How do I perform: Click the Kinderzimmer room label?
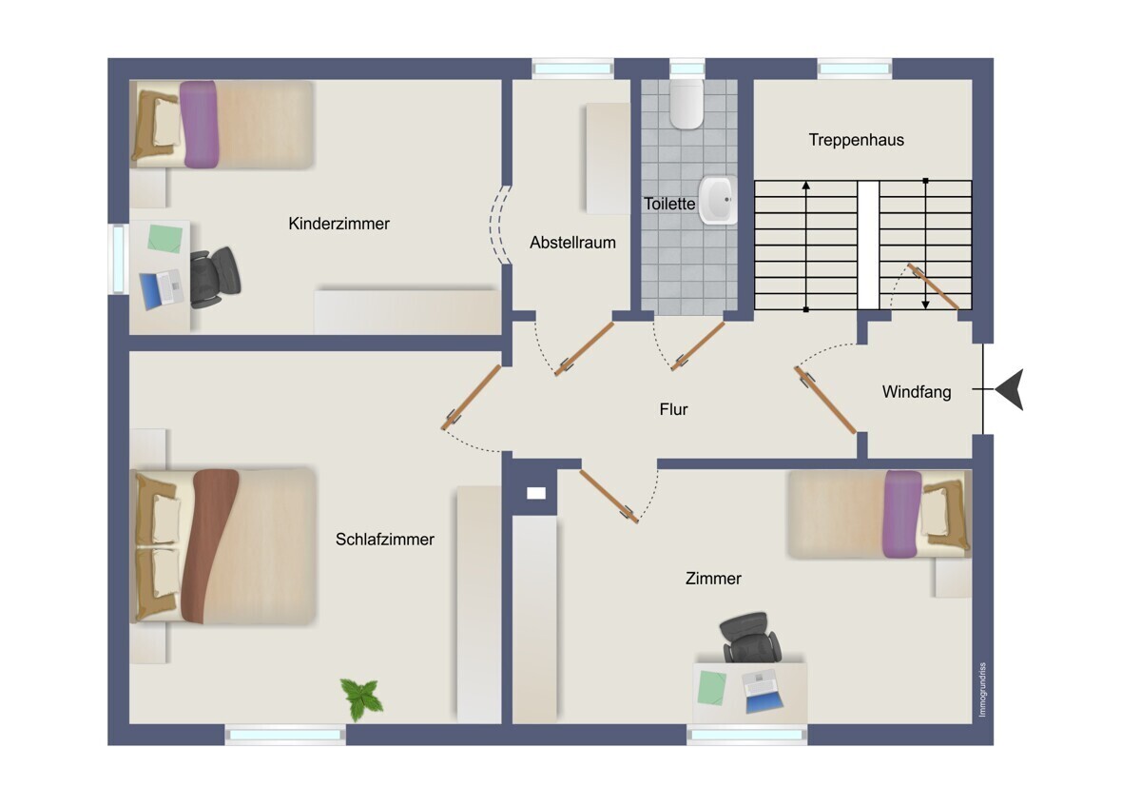click(x=338, y=224)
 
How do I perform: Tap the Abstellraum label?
click(x=572, y=242)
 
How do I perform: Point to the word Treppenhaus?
click(x=857, y=140)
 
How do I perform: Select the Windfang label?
click(x=917, y=391)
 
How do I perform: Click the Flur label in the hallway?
click(x=673, y=409)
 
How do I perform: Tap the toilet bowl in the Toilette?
click(x=687, y=104)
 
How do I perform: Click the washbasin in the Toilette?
click(x=718, y=201)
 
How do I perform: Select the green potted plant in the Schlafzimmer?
click(x=361, y=699)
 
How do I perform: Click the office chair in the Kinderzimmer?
click(x=215, y=277)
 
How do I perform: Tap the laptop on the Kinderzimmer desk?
click(x=162, y=289)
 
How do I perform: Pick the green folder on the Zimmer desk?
click(x=711, y=688)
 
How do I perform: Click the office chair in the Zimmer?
click(x=750, y=638)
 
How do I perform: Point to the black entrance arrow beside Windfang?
click(x=1010, y=389)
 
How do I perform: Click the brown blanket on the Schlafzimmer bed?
click(x=209, y=546)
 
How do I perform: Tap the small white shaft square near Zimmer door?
click(x=536, y=493)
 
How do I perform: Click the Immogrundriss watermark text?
click(x=982, y=690)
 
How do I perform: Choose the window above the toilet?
click(x=687, y=69)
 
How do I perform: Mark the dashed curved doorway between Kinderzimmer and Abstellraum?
click(x=500, y=225)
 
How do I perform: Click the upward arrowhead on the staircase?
click(x=806, y=186)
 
